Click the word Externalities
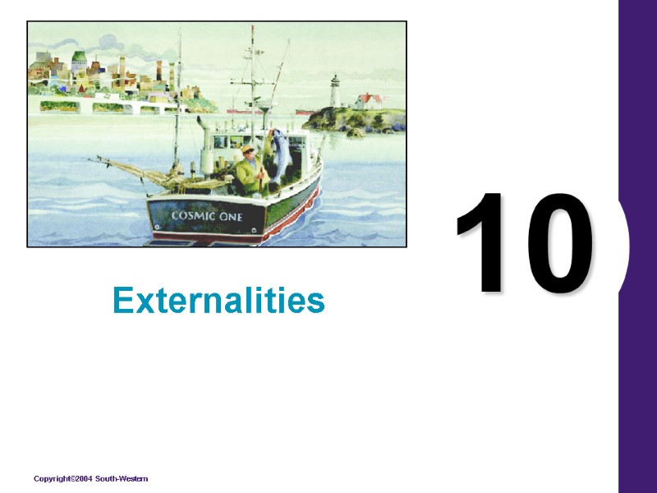pyautogui.click(x=219, y=302)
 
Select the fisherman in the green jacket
pyautogui.click(x=248, y=171)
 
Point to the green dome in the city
pyautogui.click(x=79, y=58)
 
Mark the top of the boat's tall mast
pyautogui.click(x=252, y=30)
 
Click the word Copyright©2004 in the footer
pyautogui.click(x=62, y=478)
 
